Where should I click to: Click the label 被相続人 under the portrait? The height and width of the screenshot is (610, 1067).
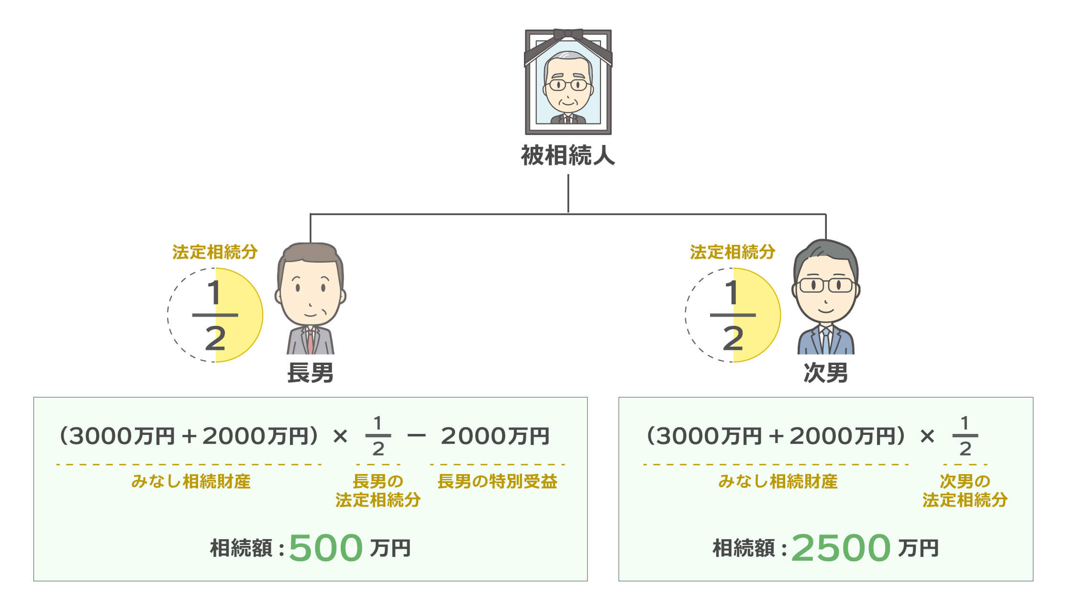(567, 155)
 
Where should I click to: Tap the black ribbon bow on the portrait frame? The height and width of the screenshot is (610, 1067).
(568, 35)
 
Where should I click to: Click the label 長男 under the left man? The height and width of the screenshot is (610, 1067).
(310, 373)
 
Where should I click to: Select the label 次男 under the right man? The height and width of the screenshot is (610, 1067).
(825, 373)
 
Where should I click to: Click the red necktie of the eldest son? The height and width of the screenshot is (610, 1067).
(310, 341)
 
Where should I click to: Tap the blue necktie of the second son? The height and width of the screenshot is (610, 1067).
(825, 341)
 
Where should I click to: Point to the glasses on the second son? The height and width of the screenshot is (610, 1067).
(826, 285)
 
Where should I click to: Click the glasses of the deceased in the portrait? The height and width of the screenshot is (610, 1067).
(568, 85)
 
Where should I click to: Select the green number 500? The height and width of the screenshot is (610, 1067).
(325, 548)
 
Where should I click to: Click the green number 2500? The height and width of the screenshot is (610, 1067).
(841, 548)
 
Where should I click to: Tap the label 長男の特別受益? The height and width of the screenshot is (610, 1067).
(497, 481)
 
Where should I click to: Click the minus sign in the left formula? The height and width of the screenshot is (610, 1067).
(416, 435)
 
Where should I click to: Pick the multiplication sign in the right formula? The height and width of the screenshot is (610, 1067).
(927, 435)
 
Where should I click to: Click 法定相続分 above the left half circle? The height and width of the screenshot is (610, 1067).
(215, 252)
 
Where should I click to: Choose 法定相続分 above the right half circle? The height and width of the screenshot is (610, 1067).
(733, 252)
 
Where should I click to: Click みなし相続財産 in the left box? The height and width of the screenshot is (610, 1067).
(190, 481)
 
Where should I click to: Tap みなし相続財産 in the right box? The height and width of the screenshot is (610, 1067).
(778, 481)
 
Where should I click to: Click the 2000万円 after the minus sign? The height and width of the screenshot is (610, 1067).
(495, 436)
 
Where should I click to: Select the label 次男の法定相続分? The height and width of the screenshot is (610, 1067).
(965, 490)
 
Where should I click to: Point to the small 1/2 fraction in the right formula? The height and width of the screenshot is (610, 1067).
(965, 436)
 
